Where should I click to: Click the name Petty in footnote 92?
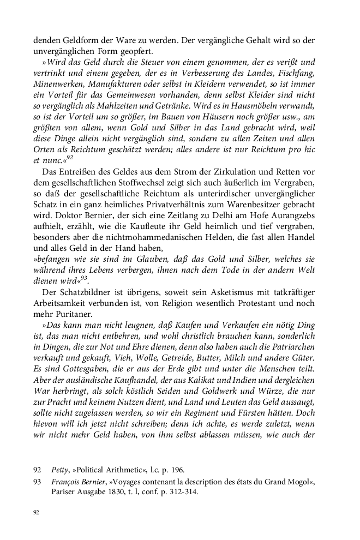point(59,470)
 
